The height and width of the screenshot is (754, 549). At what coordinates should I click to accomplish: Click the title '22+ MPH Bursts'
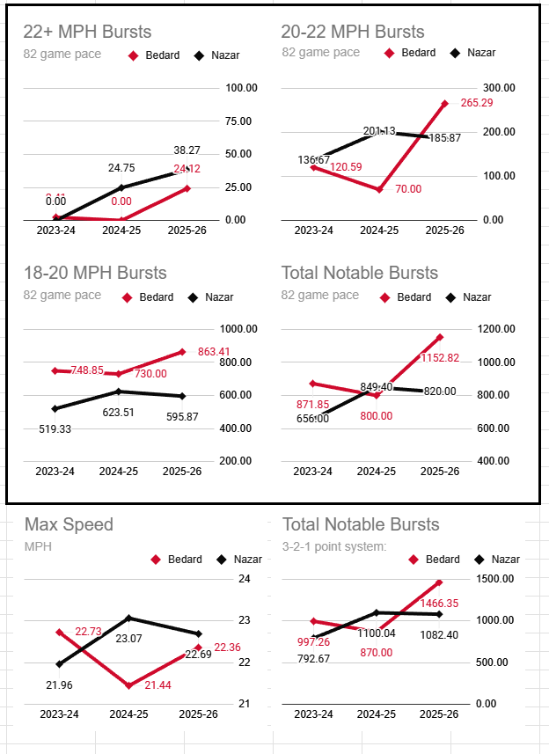tap(87, 33)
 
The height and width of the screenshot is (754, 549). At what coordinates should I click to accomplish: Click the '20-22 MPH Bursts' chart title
tap(353, 33)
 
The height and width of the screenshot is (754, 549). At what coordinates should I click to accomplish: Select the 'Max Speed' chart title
tap(69, 524)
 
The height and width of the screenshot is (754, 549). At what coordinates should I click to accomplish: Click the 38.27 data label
tap(187, 150)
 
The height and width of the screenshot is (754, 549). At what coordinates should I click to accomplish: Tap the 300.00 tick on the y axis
tap(499, 88)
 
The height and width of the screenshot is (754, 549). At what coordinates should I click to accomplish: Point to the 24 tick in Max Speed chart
tap(244, 579)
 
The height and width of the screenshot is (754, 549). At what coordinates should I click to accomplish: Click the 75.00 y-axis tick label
tap(240, 121)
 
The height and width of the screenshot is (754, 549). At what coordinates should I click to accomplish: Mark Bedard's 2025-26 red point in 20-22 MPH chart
tap(444, 104)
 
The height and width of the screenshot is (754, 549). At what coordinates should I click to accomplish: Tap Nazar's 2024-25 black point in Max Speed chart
tap(128, 618)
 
